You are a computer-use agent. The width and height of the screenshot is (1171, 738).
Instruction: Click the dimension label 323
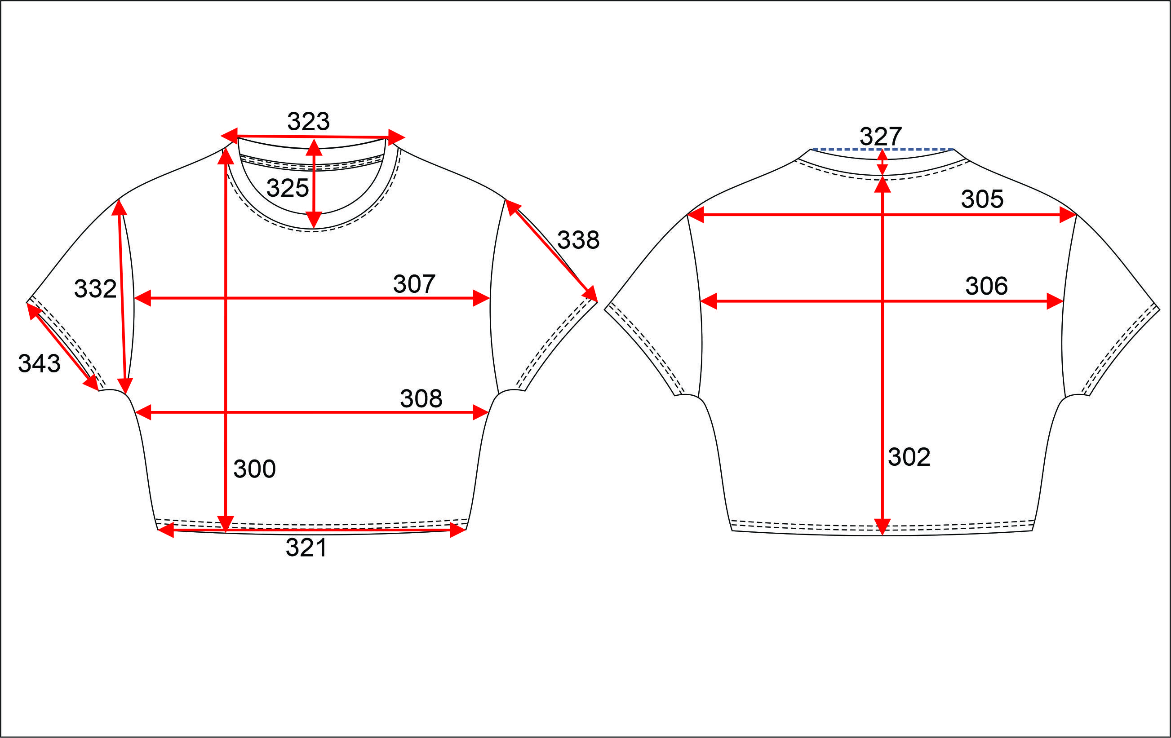point(308,121)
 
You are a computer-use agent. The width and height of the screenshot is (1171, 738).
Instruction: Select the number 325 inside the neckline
point(288,188)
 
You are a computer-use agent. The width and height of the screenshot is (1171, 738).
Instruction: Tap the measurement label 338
point(578,240)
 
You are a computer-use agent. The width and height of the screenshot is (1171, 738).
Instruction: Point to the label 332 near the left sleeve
point(95,288)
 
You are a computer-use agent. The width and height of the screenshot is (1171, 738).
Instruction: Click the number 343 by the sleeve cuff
point(40,363)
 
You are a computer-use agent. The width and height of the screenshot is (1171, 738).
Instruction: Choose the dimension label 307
point(414,284)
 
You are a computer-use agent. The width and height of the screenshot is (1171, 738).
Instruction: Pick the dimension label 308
point(421,399)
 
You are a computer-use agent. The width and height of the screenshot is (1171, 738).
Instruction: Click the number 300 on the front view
point(254,468)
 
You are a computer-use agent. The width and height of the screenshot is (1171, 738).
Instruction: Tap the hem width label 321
point(306,548)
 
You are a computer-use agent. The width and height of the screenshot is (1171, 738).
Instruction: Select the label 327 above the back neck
point(881,136)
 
